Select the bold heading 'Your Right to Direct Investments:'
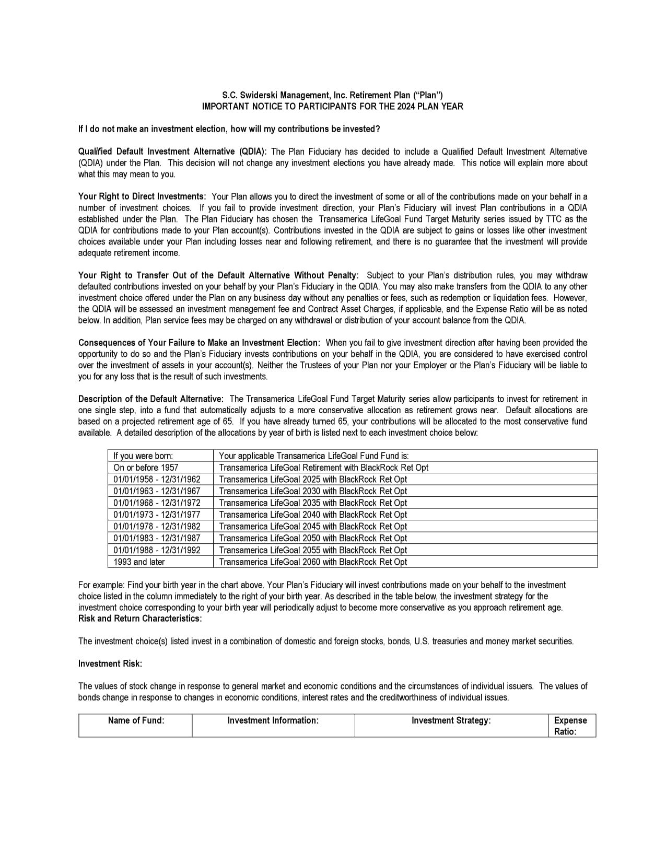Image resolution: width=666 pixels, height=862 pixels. pyautogui.click(x=142, y=196)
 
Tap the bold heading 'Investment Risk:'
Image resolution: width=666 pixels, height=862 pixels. pyautogui.click(x=110, y=663)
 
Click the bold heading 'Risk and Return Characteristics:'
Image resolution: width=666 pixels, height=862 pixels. pyautogui.click(x=140, y=619)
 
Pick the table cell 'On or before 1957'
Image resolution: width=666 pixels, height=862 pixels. pyautogui.click(x=146, y=468)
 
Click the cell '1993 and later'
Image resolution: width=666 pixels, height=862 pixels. pyautogui.click(x=139, y=562)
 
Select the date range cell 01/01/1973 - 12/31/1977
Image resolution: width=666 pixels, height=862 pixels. pyautogui.click(x=157, y=515)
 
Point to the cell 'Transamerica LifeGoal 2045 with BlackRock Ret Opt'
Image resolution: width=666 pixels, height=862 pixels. pyautogui.click(x=313, y=527)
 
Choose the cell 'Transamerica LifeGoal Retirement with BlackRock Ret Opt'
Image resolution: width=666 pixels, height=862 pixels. pyautogui.click(x=324, y=468)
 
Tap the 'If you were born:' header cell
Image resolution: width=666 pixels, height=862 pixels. pyautogui.click(x=143, y=456)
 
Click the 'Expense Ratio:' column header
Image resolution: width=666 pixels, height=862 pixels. pyautogui.click(x=570, y=726)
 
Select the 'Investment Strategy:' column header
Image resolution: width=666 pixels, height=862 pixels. pyautogui.click(x=451, y=720)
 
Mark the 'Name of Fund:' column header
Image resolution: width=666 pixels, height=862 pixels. pyautogui.click(x=136, y=720)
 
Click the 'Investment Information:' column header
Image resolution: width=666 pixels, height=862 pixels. pyautogui.click(x=273, y=720)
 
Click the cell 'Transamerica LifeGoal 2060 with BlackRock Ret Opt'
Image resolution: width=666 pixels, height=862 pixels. pyautogui.click(x=313, y=562)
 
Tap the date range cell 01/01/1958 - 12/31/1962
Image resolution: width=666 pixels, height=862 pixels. pyautogui.click(x=157, y=479)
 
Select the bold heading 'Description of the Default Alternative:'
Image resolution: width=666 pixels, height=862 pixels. pyautogui.click(x=151, y=399)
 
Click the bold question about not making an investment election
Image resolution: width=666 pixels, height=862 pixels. pyautogui.click(x=229, y=129)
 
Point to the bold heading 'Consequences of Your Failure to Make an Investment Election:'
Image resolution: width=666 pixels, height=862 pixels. pyautogui.click(x=199, y=343)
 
